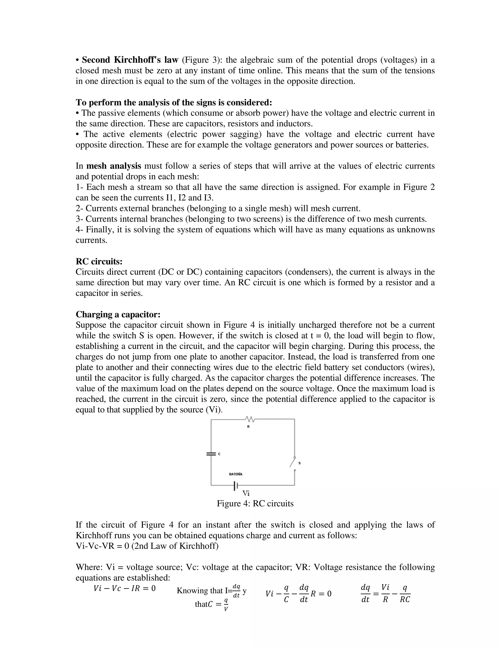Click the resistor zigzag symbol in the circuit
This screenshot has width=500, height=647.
(x=250, y=419)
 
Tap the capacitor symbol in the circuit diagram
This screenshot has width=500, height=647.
(x=211, y=454)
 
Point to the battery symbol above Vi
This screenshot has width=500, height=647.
(x=236, y=486)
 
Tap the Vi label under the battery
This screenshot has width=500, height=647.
(x=246, y=493)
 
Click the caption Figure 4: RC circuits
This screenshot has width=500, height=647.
(x=255, y=504)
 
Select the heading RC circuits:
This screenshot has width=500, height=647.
(x=99, y=261)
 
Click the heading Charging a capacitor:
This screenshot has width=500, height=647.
(x=118, y=314)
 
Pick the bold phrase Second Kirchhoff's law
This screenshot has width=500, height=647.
(x=130, y=60)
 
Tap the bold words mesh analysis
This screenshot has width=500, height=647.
(x=114, y=166)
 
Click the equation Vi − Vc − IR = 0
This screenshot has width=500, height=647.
(x=125, y=588)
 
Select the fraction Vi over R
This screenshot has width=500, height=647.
(x=385, y=593)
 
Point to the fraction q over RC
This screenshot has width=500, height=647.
(x=405, y=593)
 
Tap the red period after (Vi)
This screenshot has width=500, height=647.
(x=222, y=410)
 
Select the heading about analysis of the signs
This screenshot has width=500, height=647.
(x=174, y=102)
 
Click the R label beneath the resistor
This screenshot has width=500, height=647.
(x=248, y=427)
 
